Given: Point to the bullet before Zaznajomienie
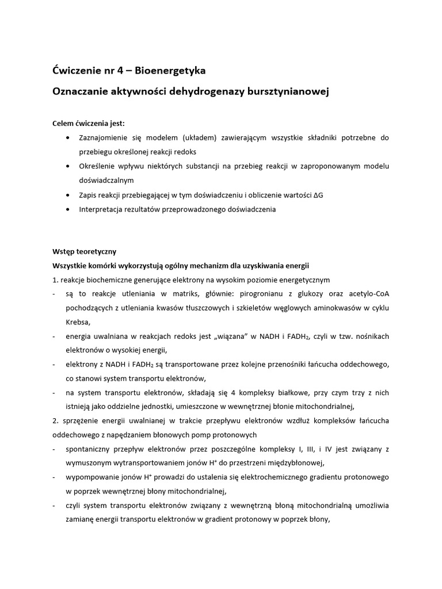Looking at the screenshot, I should coord(68,138).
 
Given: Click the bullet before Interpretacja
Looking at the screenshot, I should coord(68,209).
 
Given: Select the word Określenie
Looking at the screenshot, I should coord(98,166).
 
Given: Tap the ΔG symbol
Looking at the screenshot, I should coord(318,195).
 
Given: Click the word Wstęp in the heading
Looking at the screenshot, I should coord(64,251).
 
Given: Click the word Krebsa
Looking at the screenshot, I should coord(78,322).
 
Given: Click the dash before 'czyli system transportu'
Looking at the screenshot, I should coord(54,505).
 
